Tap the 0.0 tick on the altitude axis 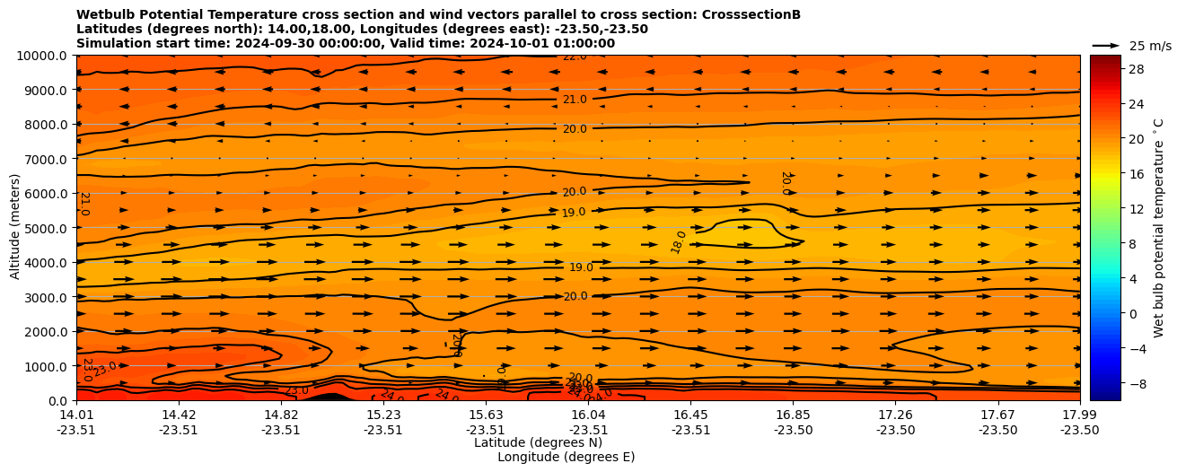click(57, 401)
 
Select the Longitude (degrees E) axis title click(566, 457)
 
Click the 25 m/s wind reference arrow click(1106, 45)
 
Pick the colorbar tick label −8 click(1136, 383)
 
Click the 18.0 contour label click(679, 242)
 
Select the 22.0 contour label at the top click(575, 57)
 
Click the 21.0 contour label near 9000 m click(575, 100)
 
